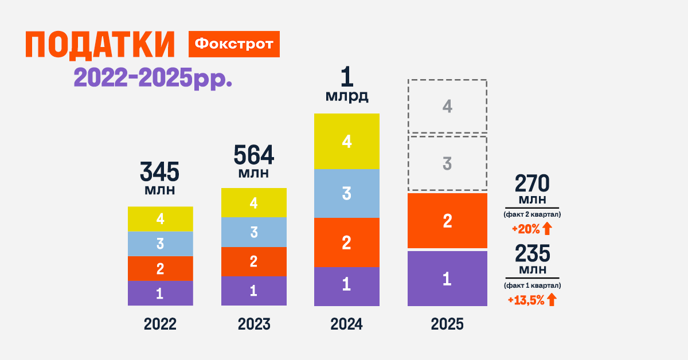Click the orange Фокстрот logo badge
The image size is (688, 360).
tap(234, 44)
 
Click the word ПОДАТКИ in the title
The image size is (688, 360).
tap(100, 45)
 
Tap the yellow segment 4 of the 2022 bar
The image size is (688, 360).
tap(160, 219)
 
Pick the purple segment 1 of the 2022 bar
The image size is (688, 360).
tap(160, 293)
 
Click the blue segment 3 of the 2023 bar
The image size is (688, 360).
tap(253, 232)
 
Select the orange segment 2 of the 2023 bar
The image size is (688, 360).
tap(253, 261)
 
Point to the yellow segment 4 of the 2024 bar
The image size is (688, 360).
tap(346, 142)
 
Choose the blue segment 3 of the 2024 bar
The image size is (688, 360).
tap(346, 194)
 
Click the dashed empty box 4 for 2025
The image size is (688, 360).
tap(447, 106)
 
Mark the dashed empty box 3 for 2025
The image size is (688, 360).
tap(447, 163)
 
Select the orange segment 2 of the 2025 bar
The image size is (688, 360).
tap(447, 221)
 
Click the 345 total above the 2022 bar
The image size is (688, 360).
tap(160, 172)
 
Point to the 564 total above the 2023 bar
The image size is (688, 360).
tap(253, 155)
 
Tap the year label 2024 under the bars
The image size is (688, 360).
tap(346, 324)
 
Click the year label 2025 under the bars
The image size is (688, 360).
tap(447, 324)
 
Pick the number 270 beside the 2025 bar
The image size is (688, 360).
tap(532, 183)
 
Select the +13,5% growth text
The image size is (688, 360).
tap(525, 299)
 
